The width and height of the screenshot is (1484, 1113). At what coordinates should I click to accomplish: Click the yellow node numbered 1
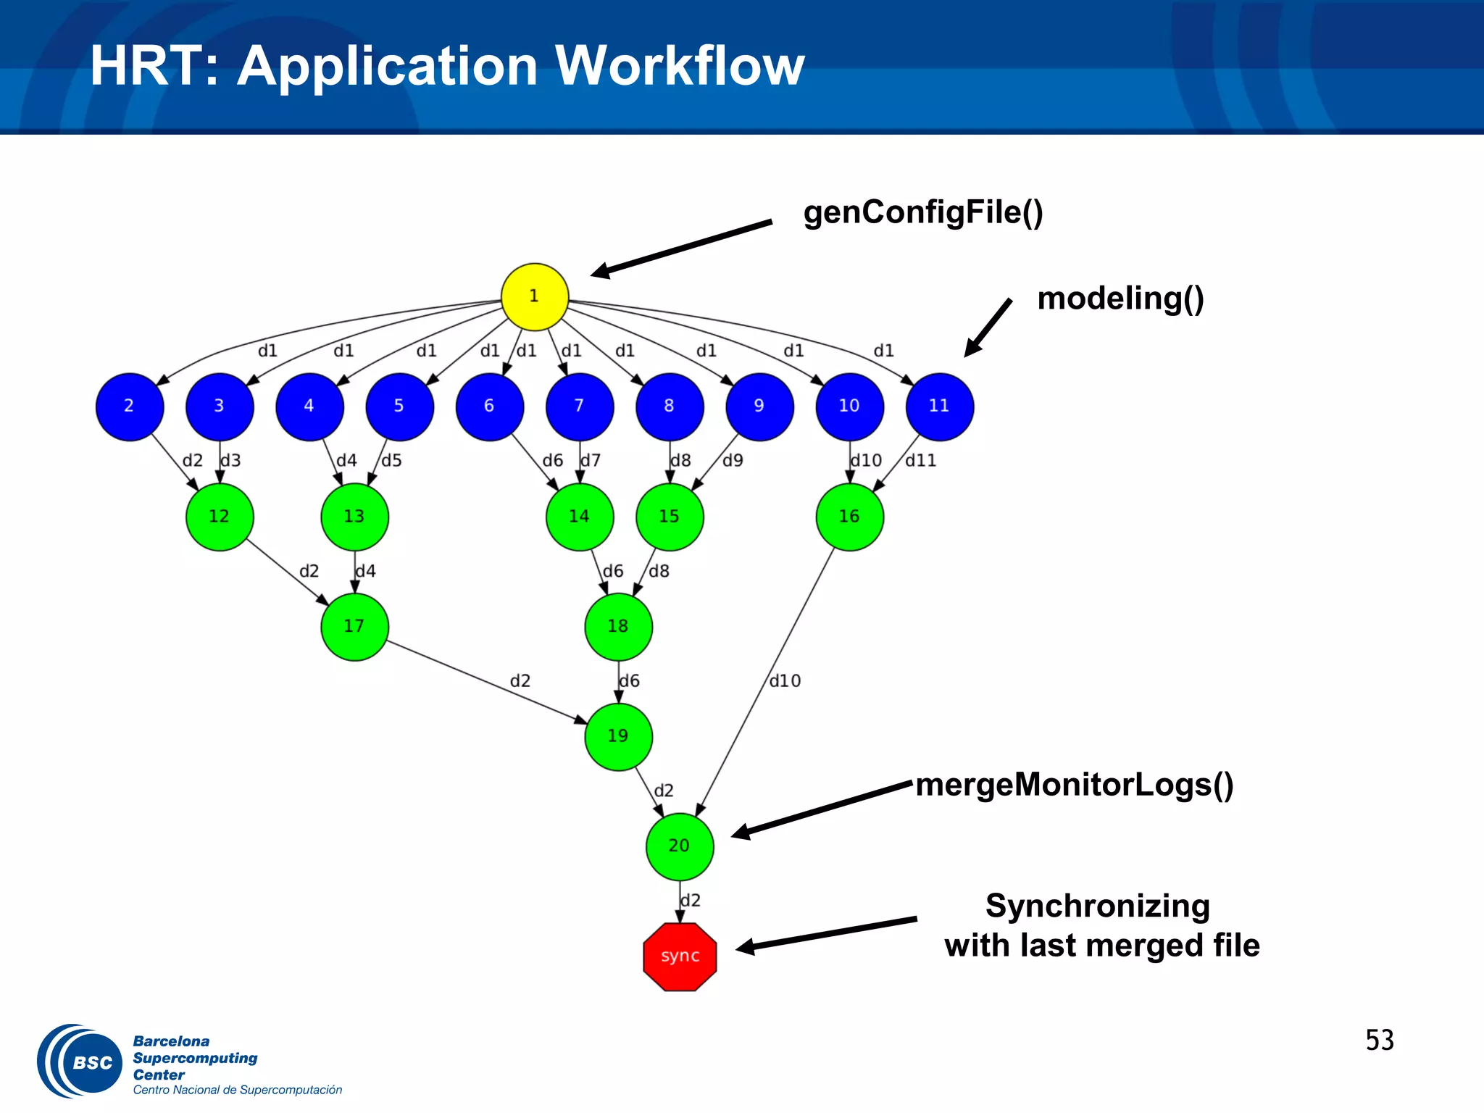tap(535, 296)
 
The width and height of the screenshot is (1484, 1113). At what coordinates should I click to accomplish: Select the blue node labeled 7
tap(580, 407)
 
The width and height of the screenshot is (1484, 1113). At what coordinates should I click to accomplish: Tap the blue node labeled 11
tap(939, 407)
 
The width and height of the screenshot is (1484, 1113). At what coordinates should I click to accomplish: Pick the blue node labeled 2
tap(130, 407)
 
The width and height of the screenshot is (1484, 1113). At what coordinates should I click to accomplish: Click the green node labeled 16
tap(849, 517)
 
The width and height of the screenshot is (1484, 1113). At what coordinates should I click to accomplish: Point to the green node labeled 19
tap(618, 736)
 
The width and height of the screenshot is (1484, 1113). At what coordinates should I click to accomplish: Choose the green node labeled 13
tap(354, 517)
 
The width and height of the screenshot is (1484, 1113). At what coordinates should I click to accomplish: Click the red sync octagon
tap(680, 956)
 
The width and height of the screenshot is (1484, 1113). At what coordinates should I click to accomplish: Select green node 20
tap(680, 846)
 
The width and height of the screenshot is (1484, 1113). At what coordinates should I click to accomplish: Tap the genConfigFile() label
tap(922, 212)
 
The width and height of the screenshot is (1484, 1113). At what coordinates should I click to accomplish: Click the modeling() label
tap(1120, 299)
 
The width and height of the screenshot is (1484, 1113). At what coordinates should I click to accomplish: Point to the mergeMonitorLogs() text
tap(1074, 785)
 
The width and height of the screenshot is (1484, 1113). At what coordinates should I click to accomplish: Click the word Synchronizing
tap(1097, 906)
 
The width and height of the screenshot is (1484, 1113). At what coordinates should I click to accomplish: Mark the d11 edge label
tap(920, 461)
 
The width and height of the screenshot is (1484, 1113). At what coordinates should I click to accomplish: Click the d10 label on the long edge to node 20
tap(785, 681)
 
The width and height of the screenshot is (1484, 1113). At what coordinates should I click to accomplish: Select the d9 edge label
tap(733, 461)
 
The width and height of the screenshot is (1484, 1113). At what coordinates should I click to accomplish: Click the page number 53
tap(1379, 1041)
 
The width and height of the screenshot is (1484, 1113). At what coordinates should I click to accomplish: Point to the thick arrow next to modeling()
tap(988, 328)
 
